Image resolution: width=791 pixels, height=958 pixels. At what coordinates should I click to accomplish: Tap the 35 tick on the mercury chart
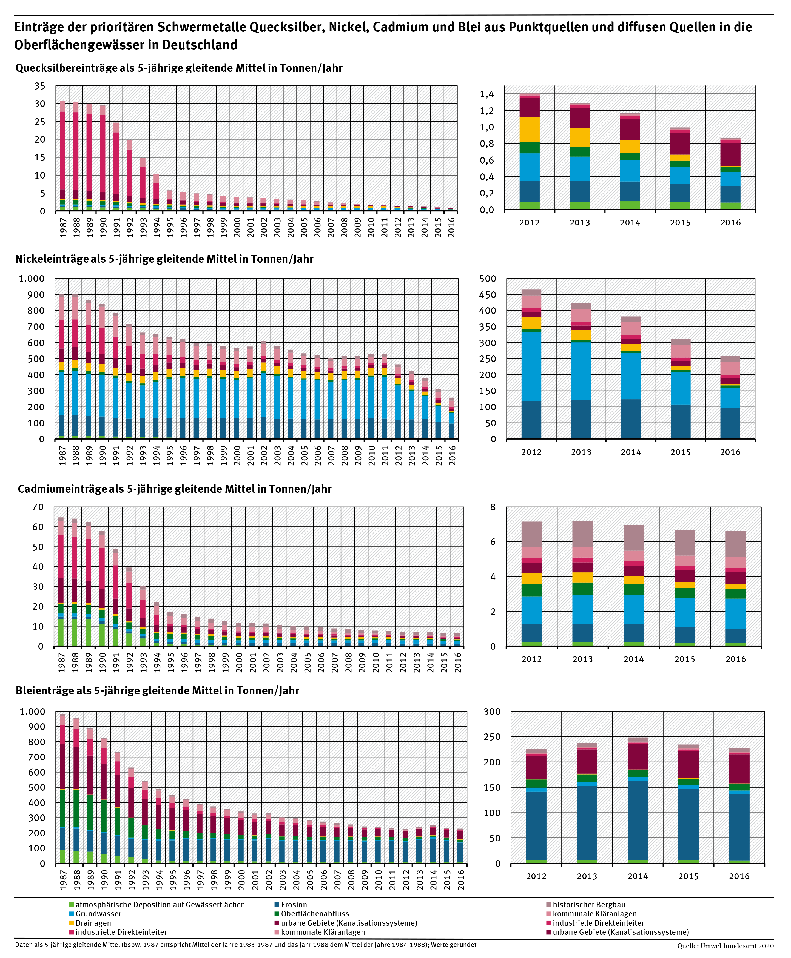(x=40, y=86)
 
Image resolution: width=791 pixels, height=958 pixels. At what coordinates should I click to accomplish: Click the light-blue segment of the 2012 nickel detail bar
(x=531, y=366)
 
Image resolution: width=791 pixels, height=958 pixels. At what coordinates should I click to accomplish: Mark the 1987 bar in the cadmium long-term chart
(x=61, y=581)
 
